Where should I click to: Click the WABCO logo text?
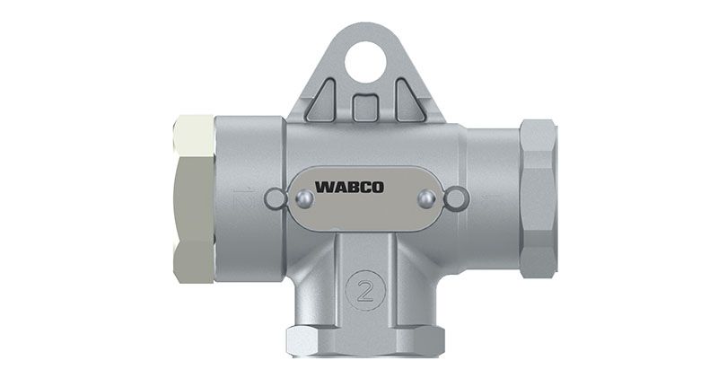(x=349, y=188)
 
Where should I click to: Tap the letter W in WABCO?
(x=324, y=188)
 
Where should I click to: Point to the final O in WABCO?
(x=377, y=188)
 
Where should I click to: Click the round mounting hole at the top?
(x=365, y=62)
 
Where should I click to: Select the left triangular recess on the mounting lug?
(x=323, y=101)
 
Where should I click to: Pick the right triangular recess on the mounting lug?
(x=408, y=101)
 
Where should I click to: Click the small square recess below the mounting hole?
(x=365, y=108)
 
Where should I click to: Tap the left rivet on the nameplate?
(x=304, y=198)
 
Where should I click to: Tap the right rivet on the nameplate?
(x=427, y=198)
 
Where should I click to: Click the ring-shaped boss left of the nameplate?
(x=276, y=199)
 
